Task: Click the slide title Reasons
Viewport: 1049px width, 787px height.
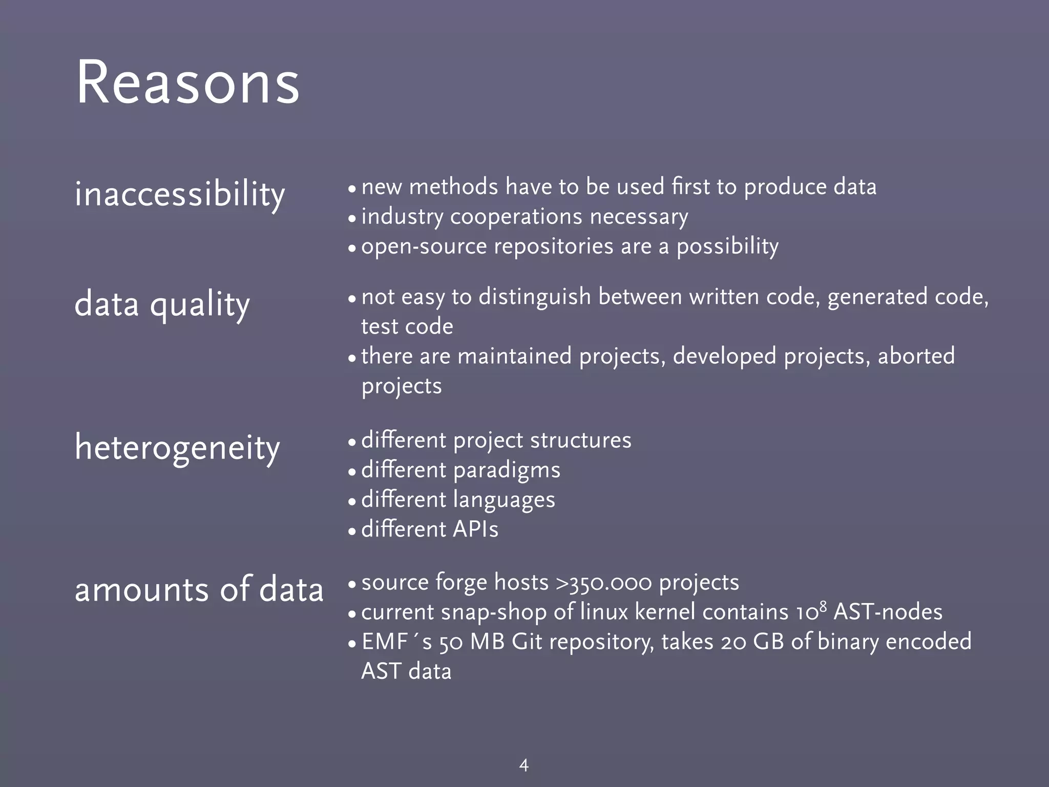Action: [x=187, y=83]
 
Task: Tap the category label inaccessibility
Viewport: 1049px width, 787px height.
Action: [x=179, y=195]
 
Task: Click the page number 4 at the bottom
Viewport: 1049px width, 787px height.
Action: [x=523, y=765]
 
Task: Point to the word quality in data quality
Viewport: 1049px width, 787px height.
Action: [x=200, y=305]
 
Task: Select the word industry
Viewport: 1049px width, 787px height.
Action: [x=402, y=217]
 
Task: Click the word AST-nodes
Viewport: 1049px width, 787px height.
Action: [x=888, y=612]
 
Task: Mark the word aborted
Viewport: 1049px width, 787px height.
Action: [x=916, y=356]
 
